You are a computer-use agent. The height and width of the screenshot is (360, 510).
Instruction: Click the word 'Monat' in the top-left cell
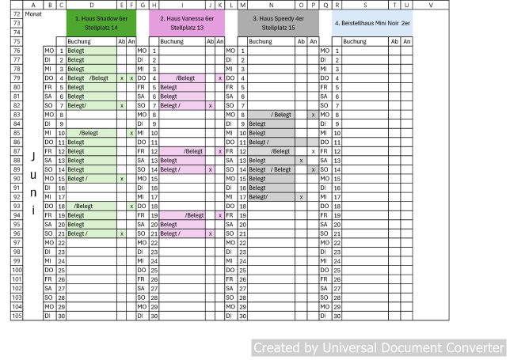coord(34,13)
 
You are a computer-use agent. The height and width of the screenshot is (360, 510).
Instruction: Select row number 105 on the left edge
coord(16,316)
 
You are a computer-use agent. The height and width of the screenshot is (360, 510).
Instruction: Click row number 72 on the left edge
coord(16,13)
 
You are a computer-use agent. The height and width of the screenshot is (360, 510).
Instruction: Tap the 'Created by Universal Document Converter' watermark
coord(378,347)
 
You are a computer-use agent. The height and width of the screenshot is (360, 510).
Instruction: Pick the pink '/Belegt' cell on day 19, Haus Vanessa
coord(188,214)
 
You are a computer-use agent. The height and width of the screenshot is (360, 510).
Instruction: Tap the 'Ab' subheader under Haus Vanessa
coord(210,41)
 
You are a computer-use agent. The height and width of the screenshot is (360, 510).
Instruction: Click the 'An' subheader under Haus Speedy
coord(313,41)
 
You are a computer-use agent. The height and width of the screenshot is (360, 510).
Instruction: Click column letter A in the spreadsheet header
coord(33,5)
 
